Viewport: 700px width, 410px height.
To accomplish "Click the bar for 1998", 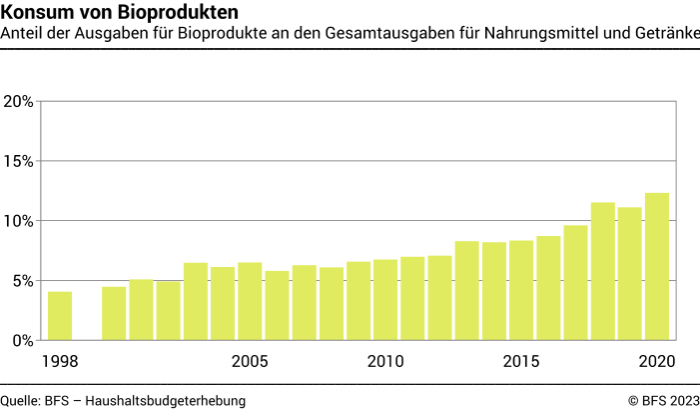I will click(x=60, y=316).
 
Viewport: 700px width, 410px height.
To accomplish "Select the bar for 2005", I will click(x=250, y=301).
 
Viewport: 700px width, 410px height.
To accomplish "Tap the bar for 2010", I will click(x=385, y=300).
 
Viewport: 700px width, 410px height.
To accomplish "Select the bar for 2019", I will click(x=630, y=274).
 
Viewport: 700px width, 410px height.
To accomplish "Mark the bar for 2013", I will click(x=467, y=291).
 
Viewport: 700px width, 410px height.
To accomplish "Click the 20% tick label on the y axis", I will click(x=20, y=101).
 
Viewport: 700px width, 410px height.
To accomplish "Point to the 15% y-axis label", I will click(x=20, y=161).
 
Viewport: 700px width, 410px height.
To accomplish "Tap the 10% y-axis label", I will click(x=20, y=221).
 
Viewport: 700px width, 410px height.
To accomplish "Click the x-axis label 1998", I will click(x=60, y=361).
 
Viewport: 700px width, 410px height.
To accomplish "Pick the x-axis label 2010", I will click(x=385, y=361).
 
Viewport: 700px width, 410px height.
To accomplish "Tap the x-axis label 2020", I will click(x=657, y=361).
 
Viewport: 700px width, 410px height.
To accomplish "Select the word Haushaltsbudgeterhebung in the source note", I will click(x=166, y=400).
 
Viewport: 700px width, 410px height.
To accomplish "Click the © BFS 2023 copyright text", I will click(x=663, y=400).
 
